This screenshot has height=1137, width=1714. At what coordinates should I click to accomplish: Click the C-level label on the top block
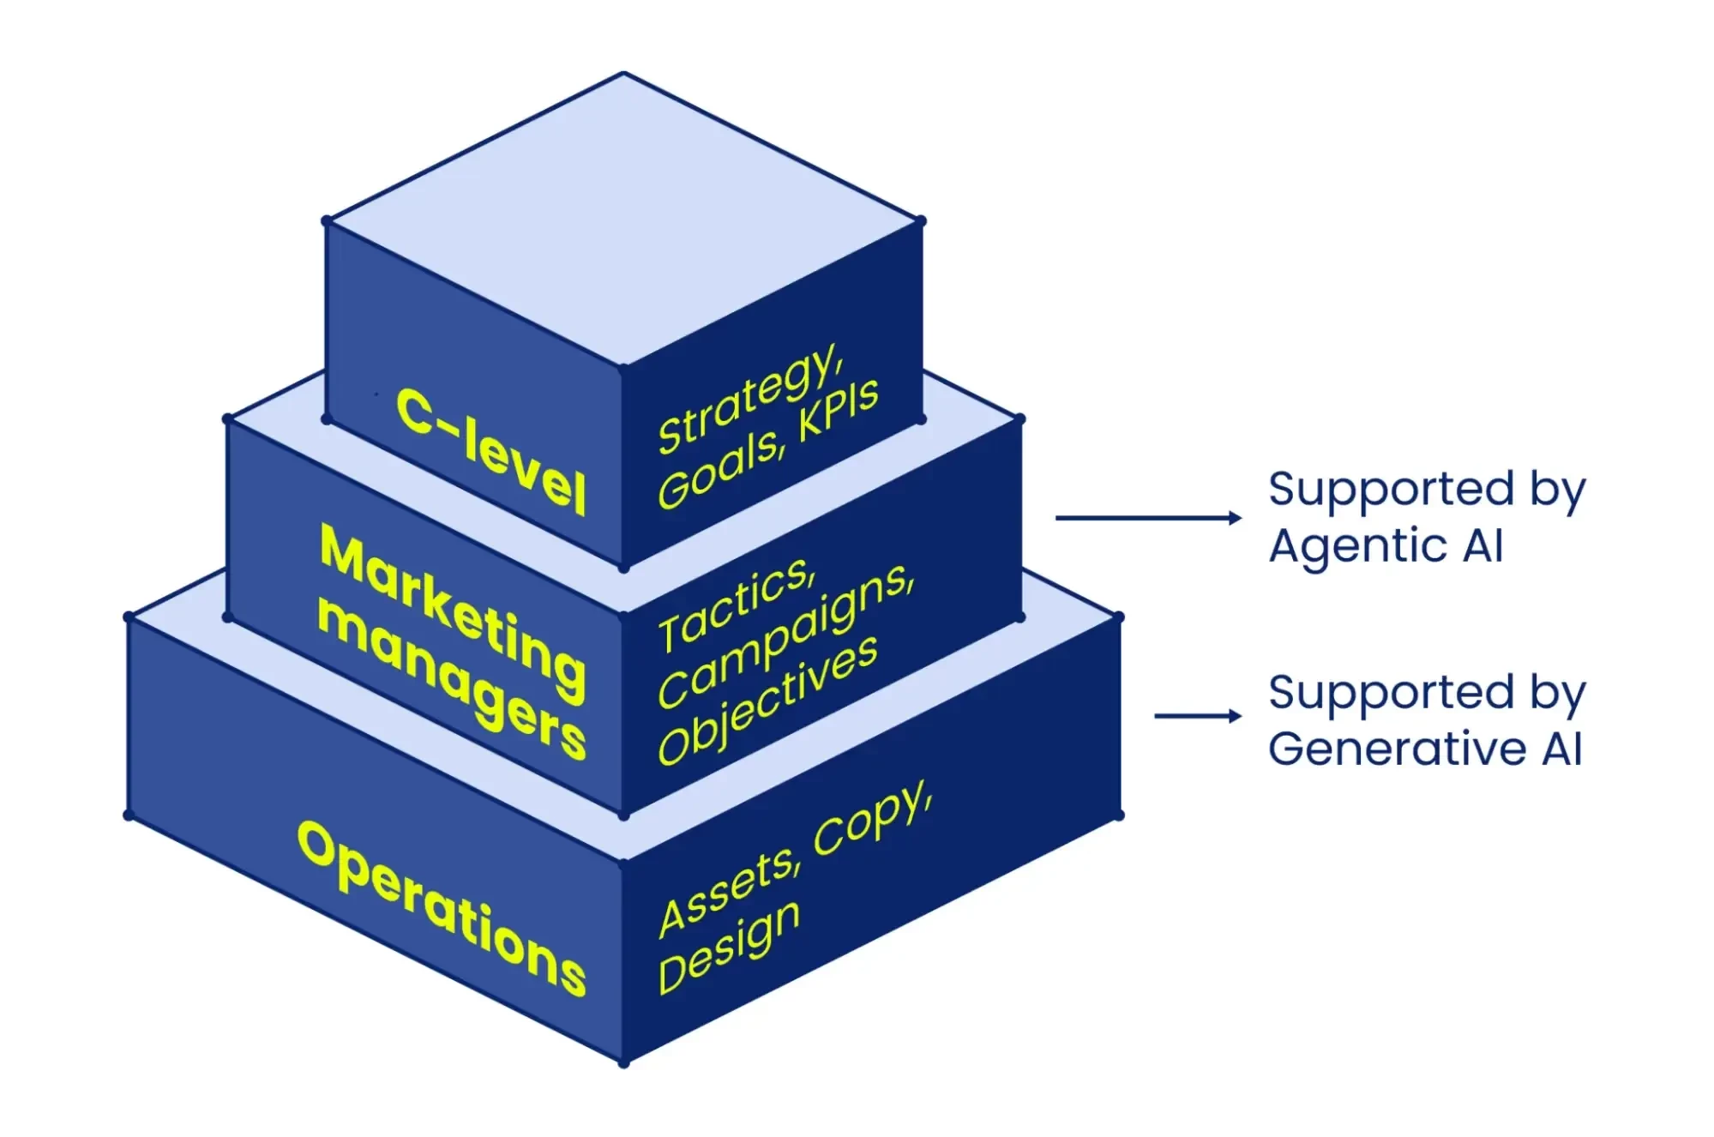click(x=490, y=452)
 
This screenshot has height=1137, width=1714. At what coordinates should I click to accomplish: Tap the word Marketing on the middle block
click(x=453, y=612)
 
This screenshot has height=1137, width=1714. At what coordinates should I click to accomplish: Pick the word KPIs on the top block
click(x=838, y=410)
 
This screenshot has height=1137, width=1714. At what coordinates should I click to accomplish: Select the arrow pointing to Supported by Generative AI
click(x=1197, y=716)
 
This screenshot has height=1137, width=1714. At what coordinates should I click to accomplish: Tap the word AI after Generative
click(x=1561, y=749)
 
